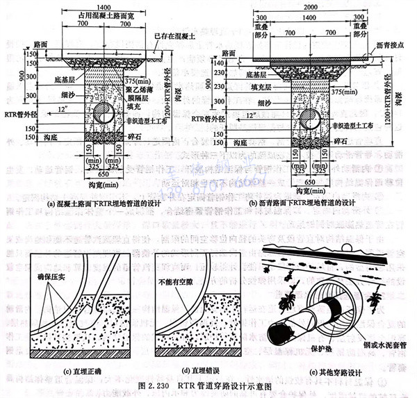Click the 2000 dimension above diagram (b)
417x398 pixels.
[x=320, y=6]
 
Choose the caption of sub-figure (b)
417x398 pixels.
[x=311, y=203]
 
